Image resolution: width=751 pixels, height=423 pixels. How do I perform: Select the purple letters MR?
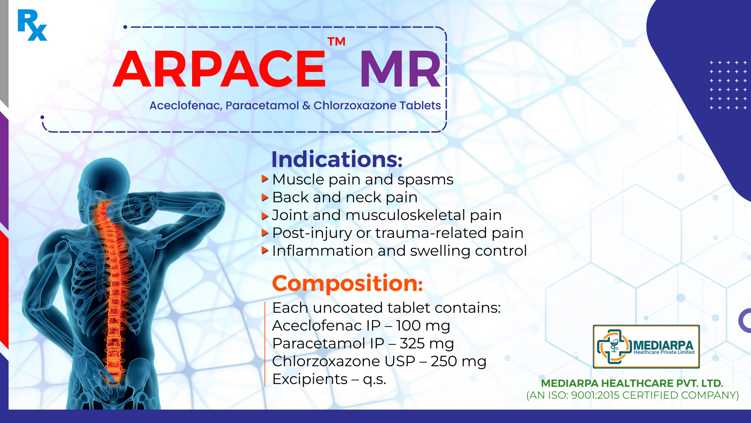pyautogui.click(x=401, y=69)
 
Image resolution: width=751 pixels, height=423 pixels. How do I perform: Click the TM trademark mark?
pyautogui.click(x=336, y=42)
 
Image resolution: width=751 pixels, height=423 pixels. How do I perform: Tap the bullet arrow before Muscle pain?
pyautogui.click(x=265, y=179)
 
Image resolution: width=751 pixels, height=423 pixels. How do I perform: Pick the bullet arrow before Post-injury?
pyautogui.click(x=265, y=233)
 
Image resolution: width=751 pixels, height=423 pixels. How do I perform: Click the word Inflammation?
pyautogui.click(x=322, y=251)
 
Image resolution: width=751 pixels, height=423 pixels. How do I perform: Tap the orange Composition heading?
pyautogui.click(x=347, y=284)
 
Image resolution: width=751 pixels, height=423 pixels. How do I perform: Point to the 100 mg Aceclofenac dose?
pyautogui.click(x=423, y=326)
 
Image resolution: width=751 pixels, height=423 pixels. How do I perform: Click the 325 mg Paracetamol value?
pyautogui.click(x=427, y=344)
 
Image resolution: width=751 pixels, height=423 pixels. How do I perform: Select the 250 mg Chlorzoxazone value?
pyautogui.click(x=459, y=362)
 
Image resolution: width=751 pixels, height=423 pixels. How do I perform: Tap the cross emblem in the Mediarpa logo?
pyautogui.click(x=614, y=347)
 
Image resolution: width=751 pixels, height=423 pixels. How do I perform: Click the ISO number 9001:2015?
pyautogui.click(x=596, y=395)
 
